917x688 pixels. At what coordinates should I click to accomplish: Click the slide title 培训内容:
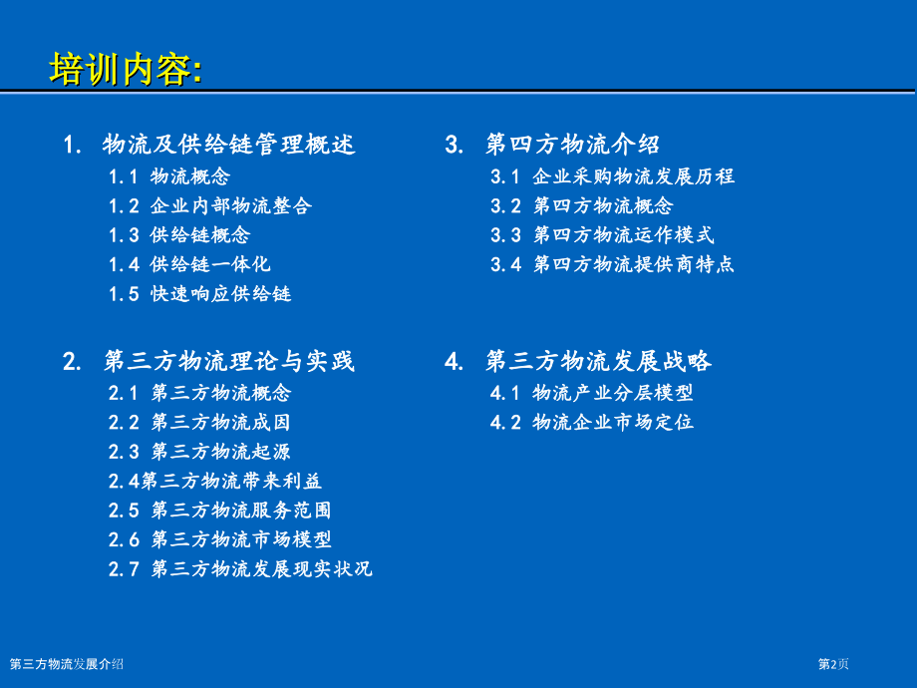point(126,71)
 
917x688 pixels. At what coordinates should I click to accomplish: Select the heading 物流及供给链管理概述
point(228,146)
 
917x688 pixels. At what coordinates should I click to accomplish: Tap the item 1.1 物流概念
point(169,177)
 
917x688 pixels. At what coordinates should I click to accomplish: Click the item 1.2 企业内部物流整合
point(210,206)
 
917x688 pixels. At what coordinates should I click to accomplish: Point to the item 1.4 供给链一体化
point(189,264)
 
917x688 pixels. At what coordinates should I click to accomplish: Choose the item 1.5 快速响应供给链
point(199,294)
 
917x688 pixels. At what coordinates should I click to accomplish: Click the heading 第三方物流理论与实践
point(228,361)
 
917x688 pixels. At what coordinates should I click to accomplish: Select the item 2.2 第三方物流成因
point(199,422)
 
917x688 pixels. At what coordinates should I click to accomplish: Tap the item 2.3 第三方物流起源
point(199,452)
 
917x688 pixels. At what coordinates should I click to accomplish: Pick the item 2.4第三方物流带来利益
point(215,481)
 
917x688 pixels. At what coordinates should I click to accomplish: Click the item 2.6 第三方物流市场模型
point(220,539)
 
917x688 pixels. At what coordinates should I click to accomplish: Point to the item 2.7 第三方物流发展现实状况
point(240,569)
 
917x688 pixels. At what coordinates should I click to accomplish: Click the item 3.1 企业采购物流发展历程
point(612,177)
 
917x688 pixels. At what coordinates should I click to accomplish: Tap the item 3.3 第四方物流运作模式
point(602,235)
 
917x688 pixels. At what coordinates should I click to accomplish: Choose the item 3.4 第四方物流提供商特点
point(612,264)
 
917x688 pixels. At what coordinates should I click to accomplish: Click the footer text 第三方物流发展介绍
point(67,664)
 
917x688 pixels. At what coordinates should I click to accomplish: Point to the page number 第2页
point(833,664)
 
